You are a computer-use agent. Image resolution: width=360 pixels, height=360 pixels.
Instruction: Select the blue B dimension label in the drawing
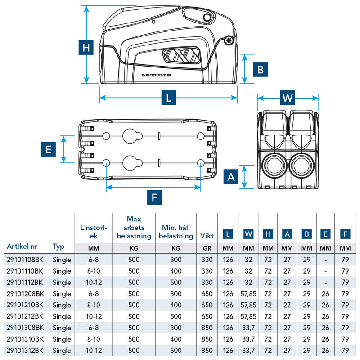[260, 69]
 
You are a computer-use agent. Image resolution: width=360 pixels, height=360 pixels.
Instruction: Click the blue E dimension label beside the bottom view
[48, 149]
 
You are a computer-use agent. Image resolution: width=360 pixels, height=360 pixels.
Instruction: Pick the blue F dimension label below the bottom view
[154, 197]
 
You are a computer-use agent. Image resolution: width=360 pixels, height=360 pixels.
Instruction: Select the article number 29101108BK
[25, 260]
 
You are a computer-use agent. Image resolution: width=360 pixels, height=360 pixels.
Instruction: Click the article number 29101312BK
[25, 350]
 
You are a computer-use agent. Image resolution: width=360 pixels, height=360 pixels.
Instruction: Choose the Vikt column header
[207, 236]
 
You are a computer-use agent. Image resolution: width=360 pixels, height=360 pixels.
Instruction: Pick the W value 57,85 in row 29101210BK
[248, 305]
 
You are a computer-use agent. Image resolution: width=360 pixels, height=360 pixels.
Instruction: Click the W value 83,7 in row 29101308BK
[248, 328]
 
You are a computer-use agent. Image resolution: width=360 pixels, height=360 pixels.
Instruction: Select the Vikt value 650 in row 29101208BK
[207, 294]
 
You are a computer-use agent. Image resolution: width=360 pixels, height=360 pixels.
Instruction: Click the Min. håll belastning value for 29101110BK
[175, 271]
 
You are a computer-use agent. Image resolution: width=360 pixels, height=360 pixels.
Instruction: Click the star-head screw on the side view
[229, 42]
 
